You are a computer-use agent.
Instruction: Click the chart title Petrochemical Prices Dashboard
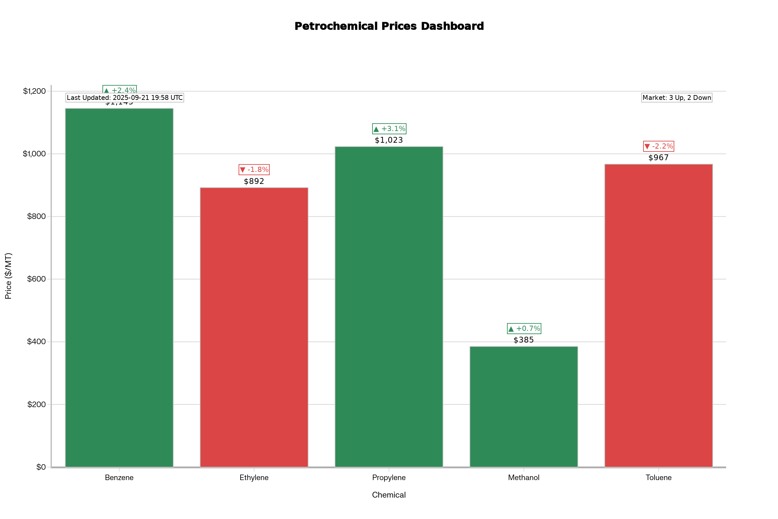[389, 26]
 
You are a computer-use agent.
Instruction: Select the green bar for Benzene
[119, 288]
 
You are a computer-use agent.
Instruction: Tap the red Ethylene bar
[254, 327]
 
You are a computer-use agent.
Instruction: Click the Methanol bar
[524, 407]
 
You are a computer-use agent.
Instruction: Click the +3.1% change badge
[389, 129]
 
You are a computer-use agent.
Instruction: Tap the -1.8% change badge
[254, 170]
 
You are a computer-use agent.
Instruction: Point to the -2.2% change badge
[659, 146]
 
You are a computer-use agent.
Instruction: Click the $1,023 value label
[389, 140]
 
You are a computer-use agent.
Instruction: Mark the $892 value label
[254, 181]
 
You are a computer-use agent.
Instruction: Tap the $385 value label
[524, 340]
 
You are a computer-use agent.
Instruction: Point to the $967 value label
[659, 158]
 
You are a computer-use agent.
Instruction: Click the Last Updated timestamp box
[125, 98]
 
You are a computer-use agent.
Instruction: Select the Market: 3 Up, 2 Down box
[677, 98]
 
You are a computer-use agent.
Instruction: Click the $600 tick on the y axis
[36, 279]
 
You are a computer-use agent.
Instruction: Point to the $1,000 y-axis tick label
[34, 153]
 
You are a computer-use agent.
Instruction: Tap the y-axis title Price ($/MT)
[9, 276]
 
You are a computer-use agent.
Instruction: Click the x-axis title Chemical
[389, 495]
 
